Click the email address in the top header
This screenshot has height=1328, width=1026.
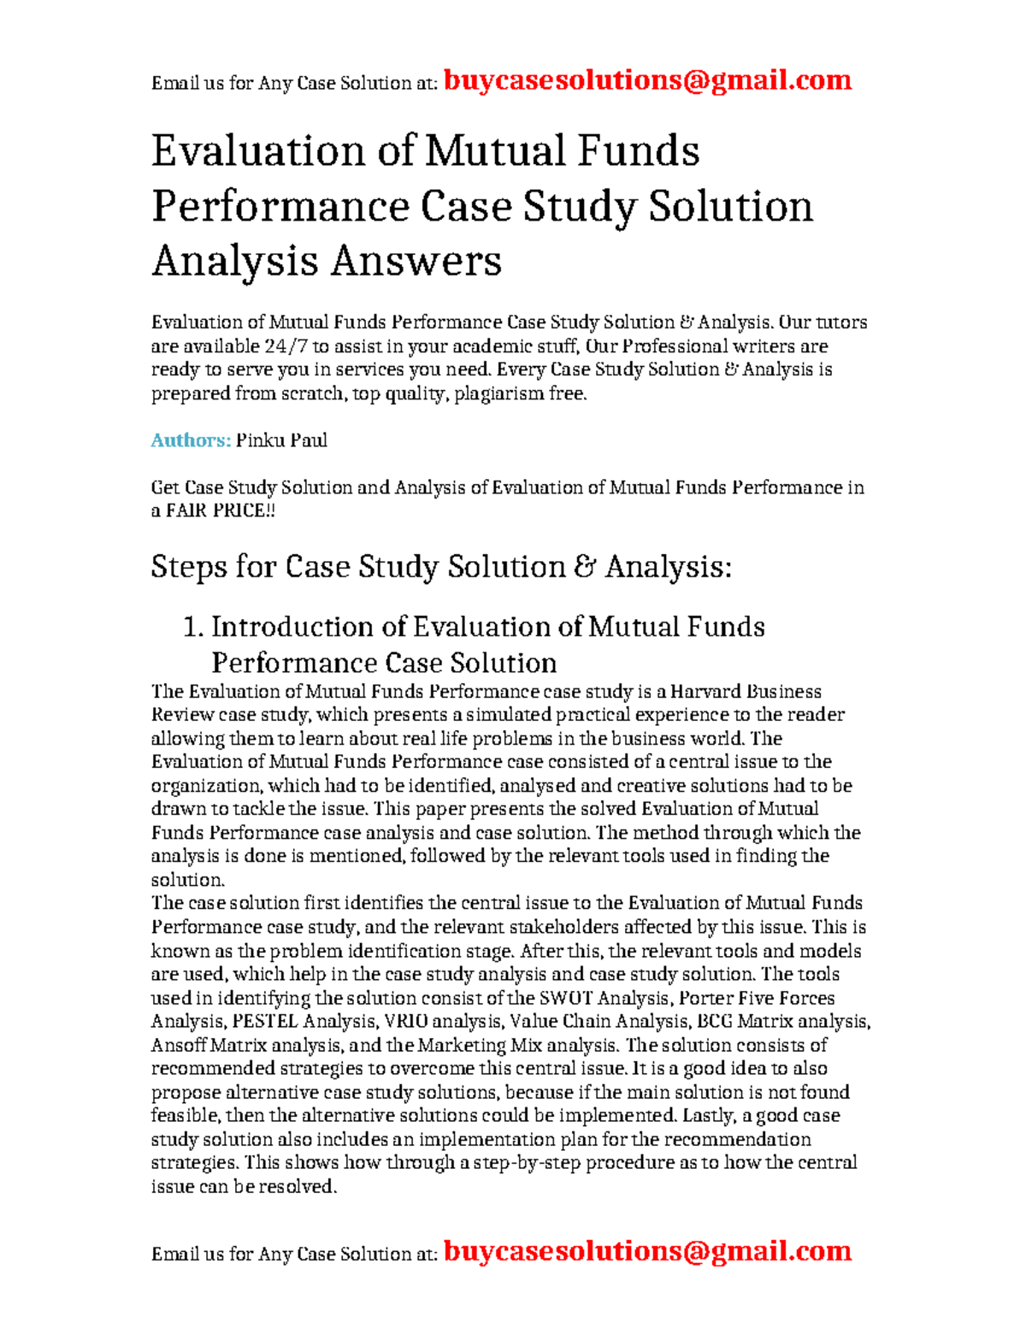(x=647, y=80)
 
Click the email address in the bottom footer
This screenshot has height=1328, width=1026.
(x=647, y=1251)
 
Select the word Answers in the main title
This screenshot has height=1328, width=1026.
(x=416, y=261)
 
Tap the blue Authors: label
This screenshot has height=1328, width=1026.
(x=191, y=440)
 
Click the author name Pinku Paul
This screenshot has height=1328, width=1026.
(x=281, y=440)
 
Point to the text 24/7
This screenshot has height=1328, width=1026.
(x=288, y=346)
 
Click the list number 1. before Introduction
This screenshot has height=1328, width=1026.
(x=193, y=627)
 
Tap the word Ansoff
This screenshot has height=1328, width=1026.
(x=179, y=1045)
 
